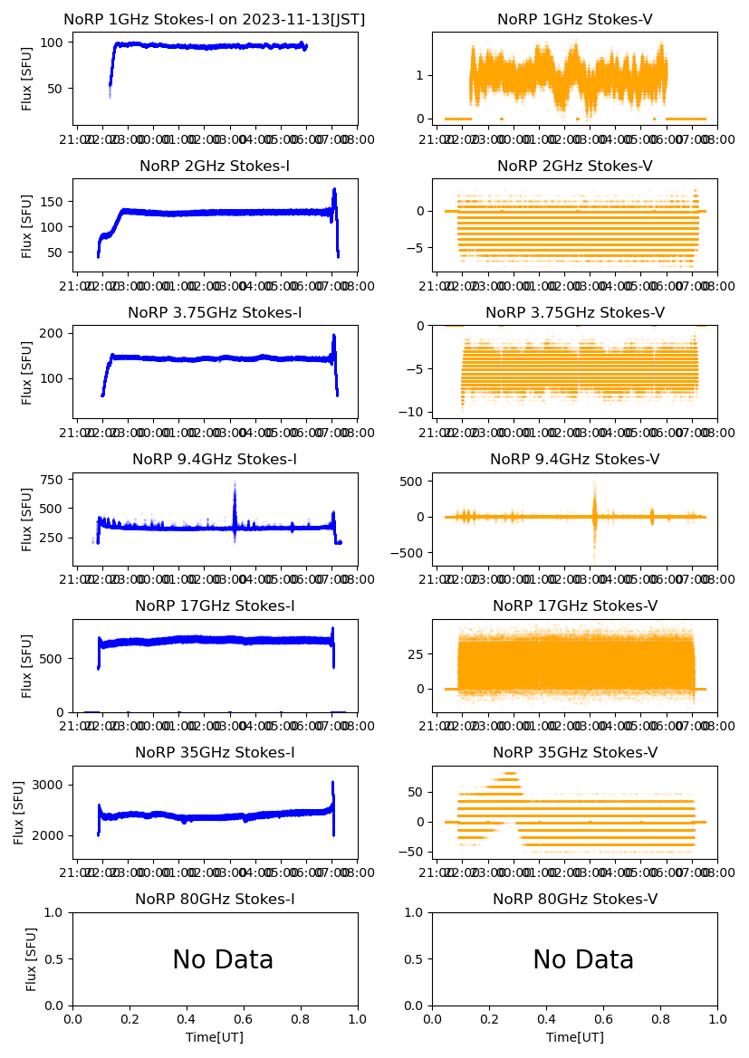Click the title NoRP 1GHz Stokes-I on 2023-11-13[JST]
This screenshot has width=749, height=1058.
pos(215,20)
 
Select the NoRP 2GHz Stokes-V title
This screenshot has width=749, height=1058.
pos(575,167)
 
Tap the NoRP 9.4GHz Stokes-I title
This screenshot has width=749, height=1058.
pos(215,460)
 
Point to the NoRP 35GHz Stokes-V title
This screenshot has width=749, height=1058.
pos(575,753)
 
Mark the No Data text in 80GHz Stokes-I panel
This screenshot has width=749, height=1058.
pos(223,960)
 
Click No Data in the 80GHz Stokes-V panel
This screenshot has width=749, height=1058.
pos(583,960)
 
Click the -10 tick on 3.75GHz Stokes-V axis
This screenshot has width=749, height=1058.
pos(416,412)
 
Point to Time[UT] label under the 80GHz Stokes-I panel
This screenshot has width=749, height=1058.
pos(215,1037)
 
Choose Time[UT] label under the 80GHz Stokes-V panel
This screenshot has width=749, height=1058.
pos(575,1037)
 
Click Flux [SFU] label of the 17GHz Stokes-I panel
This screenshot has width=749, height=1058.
pos(27,665)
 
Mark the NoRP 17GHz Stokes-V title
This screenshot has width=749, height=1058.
pos(575,606)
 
